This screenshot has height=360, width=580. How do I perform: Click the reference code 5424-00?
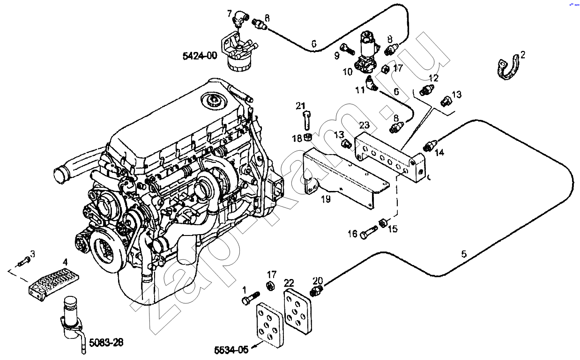point(200,56)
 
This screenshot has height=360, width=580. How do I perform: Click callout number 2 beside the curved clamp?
point(523,55)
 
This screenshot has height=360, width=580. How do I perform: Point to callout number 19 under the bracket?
point(326,199)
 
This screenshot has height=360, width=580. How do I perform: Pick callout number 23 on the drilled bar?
point(364,125)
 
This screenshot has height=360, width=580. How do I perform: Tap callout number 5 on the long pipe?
point(463,254)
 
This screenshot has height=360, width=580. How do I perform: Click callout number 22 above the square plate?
point(289,283)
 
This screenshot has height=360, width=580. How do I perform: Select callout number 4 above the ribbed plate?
point(65,263)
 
